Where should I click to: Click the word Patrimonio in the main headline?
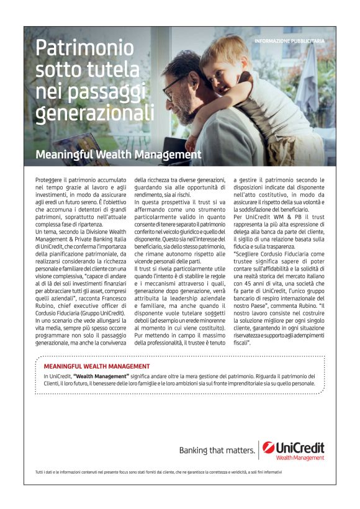(x=84, y=48)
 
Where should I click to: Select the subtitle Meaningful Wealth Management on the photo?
(x=119, y=154)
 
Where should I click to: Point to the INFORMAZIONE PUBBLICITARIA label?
(x=289, y=41)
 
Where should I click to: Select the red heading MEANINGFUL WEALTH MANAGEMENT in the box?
(x=97, y=367)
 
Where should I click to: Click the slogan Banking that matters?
(x=216, y=450)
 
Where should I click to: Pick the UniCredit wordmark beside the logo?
(x=300, y=447)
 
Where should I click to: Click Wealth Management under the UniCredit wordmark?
(x=300, y=458)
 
